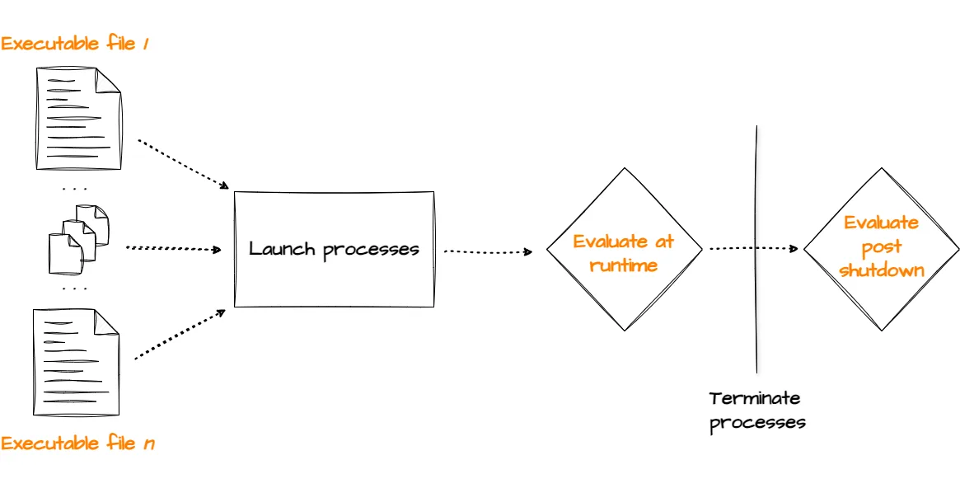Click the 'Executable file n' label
point(77,443)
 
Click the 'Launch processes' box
point(334,249)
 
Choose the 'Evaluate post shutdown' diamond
point(882,248)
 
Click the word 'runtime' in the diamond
point(624,265)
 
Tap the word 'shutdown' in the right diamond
point(882,270)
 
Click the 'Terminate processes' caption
point(756,411)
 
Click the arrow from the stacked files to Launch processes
point(174,248)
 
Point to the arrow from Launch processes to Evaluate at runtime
point(488,251)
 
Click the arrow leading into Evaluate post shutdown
point(753,247)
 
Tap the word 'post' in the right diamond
point(882,246)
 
